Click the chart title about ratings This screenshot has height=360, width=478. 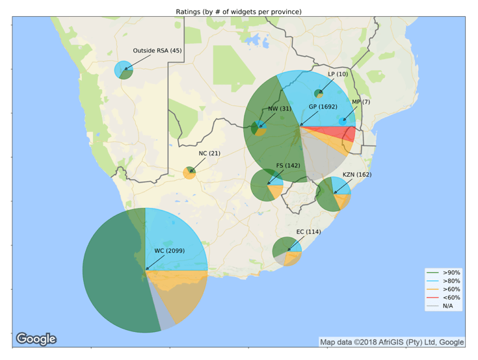[x=239, y=12]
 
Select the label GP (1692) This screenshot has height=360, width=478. [x=323, y=107]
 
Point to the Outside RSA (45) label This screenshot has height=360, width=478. [x=157, y=51]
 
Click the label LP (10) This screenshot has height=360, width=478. [x=338, y=74]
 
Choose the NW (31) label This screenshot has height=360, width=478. [x=280, y=109]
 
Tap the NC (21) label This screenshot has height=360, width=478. [x=210, y=153]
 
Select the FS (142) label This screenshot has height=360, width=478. [x=288, y=166]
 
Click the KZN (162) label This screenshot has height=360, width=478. [x=357, y=175]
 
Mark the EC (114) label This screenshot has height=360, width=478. [x=309, y=231]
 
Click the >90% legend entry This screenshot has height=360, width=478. [x=451, y=272]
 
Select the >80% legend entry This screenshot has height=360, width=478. [x=451, y=281]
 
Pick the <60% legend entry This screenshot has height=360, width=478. [x=451, y=298]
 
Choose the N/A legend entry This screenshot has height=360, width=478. [x=449, y=306]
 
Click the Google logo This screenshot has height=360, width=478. [x=36, y=339]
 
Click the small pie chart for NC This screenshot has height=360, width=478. [x=189, y=173]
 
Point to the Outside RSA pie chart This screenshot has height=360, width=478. [x=124, y=70]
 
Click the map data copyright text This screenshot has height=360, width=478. [x=392, y=342]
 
